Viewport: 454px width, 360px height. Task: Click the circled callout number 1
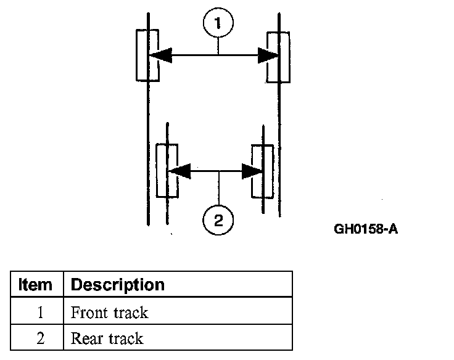pos(218,23)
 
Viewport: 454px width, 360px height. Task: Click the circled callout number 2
pos(218,220)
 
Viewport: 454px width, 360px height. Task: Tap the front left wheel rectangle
pos(137,55)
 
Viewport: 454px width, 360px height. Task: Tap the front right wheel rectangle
pos(289,57)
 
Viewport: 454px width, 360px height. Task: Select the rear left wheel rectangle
pos(157,171)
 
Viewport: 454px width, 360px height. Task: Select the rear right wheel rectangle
pos(273,171)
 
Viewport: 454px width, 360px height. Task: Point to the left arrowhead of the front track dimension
pos(160,55)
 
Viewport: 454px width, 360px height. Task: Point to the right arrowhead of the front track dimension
pos(268,55)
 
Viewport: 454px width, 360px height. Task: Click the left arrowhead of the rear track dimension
pos(180,171)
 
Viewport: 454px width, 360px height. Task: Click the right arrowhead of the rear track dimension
pos(252,171)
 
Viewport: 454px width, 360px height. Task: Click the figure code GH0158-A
pos(366,229)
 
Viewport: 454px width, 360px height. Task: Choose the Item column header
pos(35,284)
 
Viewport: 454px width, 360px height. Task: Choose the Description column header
pos(118,285)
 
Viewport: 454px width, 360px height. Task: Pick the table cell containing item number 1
pos(37,311)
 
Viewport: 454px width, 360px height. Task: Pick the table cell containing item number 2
pos(37,337)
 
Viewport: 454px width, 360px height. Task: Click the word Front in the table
pos(89,313)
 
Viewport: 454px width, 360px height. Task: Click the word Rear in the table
pos(87,338)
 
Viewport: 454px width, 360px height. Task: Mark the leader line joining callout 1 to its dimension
pos(218,46)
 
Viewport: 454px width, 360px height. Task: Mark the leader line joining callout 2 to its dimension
pos(218,188)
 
